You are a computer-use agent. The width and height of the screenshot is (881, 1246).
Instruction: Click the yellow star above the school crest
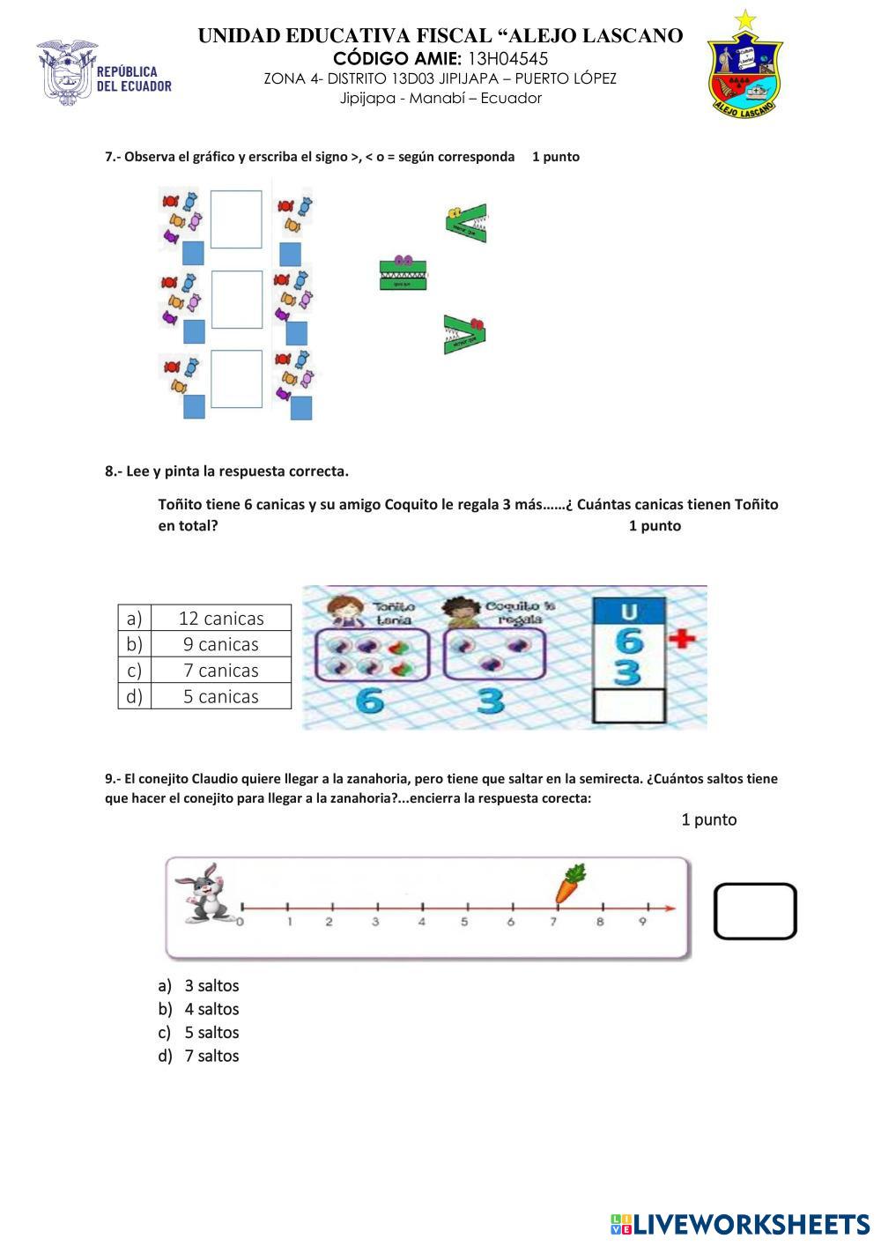(x=745, y=20)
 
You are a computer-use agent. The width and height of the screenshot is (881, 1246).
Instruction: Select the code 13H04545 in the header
(x=507, y=59)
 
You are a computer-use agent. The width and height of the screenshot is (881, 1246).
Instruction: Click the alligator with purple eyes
(x=403, y=274)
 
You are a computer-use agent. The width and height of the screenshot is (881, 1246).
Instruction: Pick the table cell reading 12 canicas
(x=221, y=619)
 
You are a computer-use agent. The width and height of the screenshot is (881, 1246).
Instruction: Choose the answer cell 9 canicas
(x=221, y=644)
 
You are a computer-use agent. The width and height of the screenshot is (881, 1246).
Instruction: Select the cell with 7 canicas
(x=221, y=671)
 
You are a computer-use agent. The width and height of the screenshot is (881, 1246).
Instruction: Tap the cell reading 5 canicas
(x=221, y=696)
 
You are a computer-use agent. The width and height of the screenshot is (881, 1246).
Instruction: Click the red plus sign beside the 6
(x=682, y=638)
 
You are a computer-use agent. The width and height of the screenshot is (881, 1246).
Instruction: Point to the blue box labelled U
(x=629, y=611)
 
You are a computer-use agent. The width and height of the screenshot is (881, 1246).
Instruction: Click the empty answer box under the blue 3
(x=629, y=706)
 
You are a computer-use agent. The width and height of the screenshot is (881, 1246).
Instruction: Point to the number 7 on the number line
(x=553, y=923)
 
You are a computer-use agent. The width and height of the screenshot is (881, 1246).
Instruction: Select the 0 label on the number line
(x=241, y=923)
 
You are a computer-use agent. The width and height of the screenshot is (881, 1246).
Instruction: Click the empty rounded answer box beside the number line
(x=755, y=911)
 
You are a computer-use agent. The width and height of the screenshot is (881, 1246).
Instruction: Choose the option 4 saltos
(x=211, y=1010)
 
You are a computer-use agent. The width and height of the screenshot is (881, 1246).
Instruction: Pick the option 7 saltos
(x=211, y=1057)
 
